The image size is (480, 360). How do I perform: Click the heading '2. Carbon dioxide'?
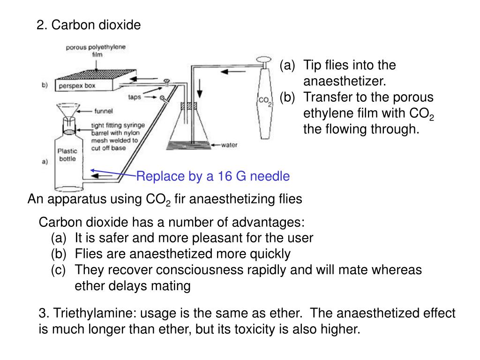pos(89,25)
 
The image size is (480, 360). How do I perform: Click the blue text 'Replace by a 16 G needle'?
pos(213,176)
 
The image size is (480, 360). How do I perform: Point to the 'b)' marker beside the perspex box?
pos(45,85)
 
